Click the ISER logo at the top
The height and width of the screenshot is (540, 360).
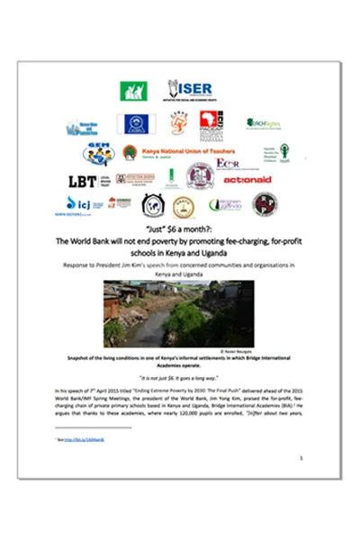(189, 90)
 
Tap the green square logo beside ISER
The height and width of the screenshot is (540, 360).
(133, 91)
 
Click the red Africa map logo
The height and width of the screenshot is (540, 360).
(209, 121)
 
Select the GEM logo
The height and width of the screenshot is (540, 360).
(98, 152)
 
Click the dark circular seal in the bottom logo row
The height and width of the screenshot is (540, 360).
(265, 204)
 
